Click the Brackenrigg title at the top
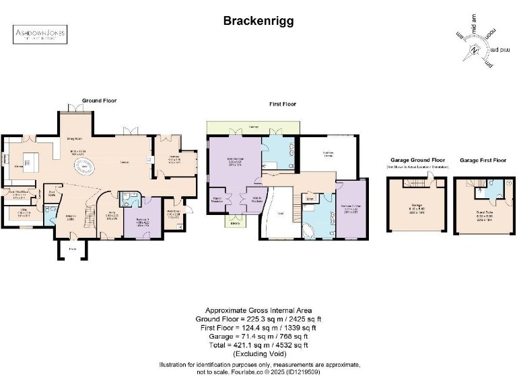click(x=258, y=21)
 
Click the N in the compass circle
click(x=475, y=51)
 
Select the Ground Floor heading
click(x=99, y=101)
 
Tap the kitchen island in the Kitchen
click(x=29, y=163)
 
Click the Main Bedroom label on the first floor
click(x=235, y=162)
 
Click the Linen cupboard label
click(x=310, y=199)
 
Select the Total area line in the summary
click(x=258, y=345)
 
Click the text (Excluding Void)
click(x=258, y=353)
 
